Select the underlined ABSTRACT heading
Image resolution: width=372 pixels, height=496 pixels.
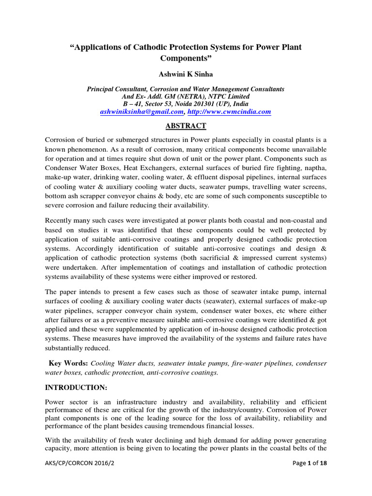(186, 126)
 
